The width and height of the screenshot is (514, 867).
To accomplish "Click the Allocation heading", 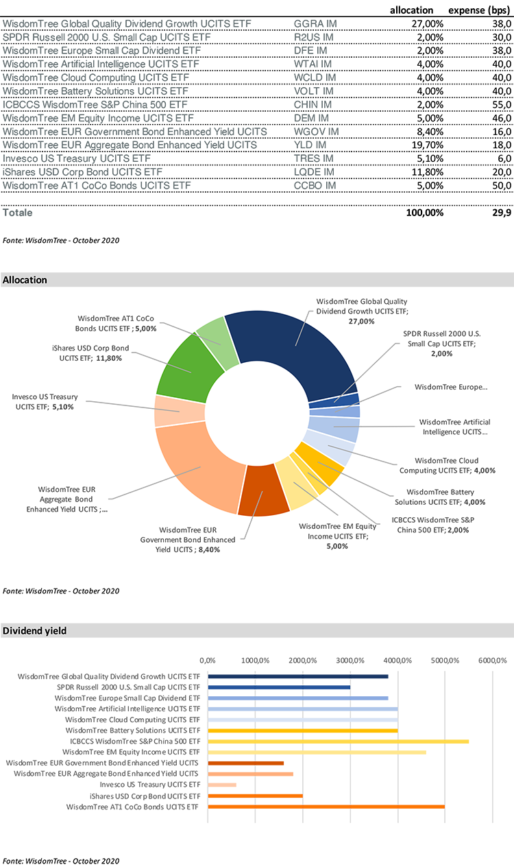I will [x=25, y=281].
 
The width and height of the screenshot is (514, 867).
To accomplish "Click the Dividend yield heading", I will [x=35, y=630].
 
